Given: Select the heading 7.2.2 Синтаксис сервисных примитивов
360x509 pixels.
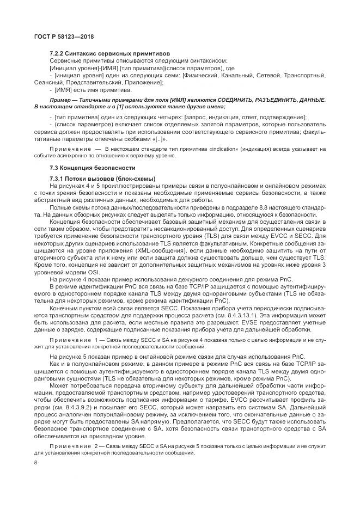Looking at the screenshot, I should pos(109,53).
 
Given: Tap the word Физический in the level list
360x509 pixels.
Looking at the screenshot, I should pos(200,75).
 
